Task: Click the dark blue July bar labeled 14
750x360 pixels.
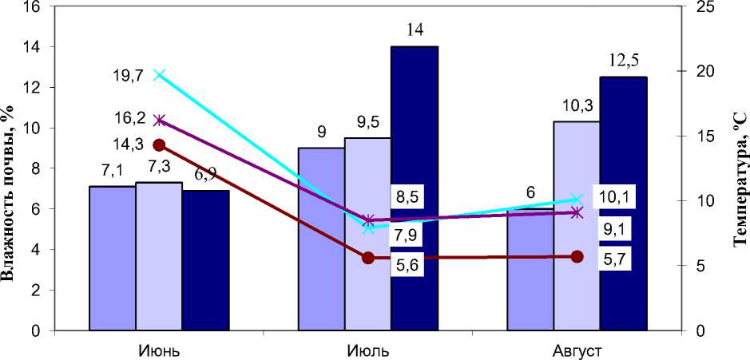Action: [415, 188]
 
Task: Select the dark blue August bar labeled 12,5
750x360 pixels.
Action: [623, 203]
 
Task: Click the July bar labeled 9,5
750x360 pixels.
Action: [367, 279]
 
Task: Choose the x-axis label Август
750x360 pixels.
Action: [576, 350]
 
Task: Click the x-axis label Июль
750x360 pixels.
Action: [367, 350]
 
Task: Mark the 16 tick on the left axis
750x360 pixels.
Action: [32, 6]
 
